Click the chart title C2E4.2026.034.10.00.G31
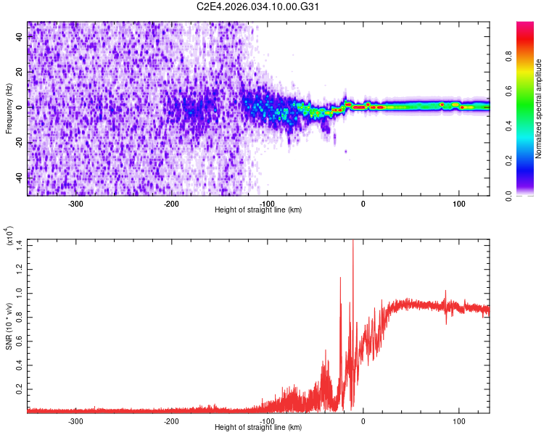point(259,7)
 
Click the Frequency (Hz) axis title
point(9,107)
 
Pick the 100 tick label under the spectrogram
point(458,204)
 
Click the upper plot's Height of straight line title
point(258,210)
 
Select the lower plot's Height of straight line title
point(258,428)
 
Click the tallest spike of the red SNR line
point(353,241)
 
